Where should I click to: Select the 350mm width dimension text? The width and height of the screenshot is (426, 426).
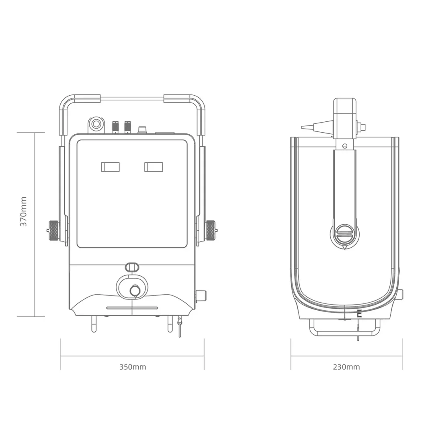(133, 367)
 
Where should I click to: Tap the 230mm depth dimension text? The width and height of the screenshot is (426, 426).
(346, 367)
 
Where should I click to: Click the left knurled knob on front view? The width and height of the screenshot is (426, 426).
(53, 231)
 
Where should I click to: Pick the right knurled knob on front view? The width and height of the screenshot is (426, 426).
(211, 230)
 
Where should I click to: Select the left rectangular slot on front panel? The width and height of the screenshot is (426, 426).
(110, 167)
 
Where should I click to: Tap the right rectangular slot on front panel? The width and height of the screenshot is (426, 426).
(154, 167)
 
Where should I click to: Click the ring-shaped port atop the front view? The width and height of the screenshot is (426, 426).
(96, 123)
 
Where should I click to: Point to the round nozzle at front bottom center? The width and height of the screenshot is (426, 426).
(135, 289)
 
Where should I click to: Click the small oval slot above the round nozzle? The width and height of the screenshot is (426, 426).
(132, 266)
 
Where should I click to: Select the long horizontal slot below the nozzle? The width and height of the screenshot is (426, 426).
(132, 308)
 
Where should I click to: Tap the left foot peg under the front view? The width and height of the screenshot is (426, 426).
(94, 324)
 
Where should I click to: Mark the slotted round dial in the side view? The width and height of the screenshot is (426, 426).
(344, 233)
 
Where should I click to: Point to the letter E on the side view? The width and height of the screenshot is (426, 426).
(359, 314)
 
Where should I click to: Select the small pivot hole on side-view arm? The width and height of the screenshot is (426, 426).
(344, 145)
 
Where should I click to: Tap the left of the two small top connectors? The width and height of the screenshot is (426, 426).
(115, 127)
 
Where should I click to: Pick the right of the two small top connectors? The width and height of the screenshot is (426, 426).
(128, 127)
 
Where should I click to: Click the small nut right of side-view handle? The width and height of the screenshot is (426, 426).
(362, 127)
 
